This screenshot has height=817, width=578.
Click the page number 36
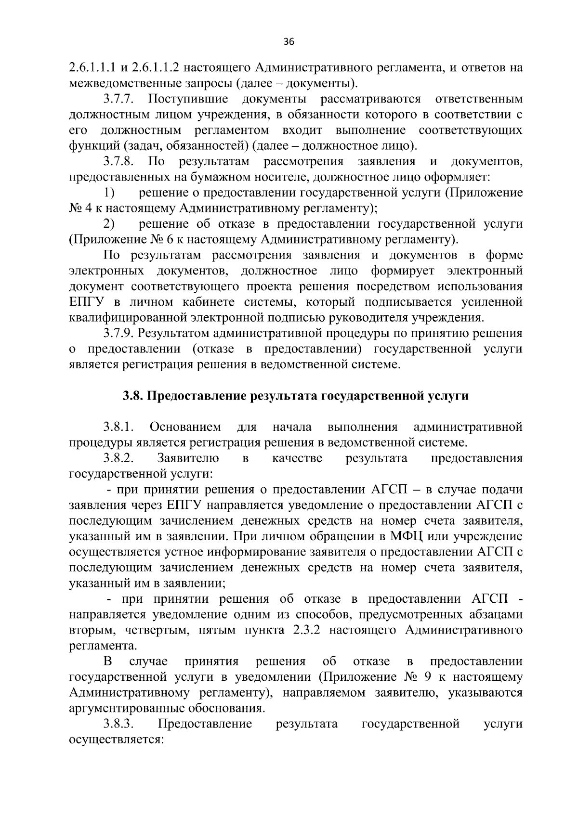(289, 41)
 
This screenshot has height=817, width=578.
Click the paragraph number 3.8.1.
(118, 427)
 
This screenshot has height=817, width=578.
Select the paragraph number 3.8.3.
(118, 724)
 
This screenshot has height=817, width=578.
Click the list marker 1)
(109, 193)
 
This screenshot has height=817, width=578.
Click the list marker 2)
(109, 224)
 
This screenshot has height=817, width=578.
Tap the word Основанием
(185, 427)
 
